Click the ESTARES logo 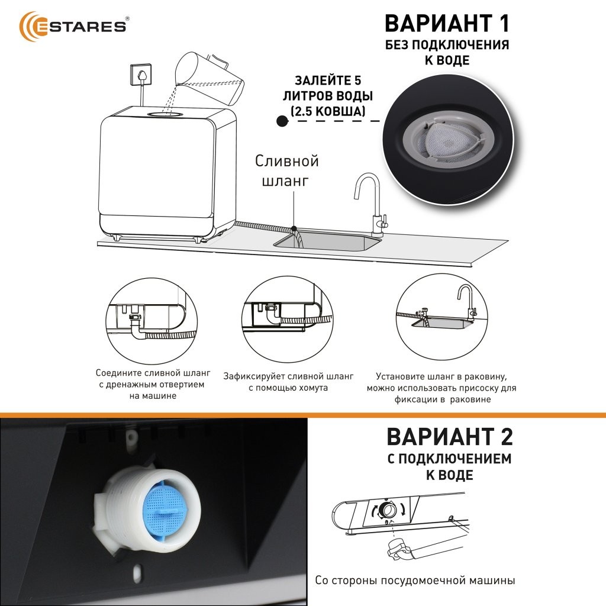[x=73, y=26]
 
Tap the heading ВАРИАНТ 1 [x=447, y=23]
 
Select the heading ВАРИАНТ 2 [x=450, y=436]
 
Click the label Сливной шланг [x=287, y=170]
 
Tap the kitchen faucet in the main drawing [x=370, y=204]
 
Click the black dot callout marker [x=282, y=121]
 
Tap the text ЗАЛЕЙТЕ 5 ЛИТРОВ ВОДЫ [x=328, y=88]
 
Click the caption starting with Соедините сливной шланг [x=153, y=384]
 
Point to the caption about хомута [x=288, y=382]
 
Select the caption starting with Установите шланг [x=441, y=388]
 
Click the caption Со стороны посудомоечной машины [x=415, y=580]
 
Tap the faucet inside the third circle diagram [x=467, y=302]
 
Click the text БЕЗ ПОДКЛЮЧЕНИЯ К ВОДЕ [x=447, y=52]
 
